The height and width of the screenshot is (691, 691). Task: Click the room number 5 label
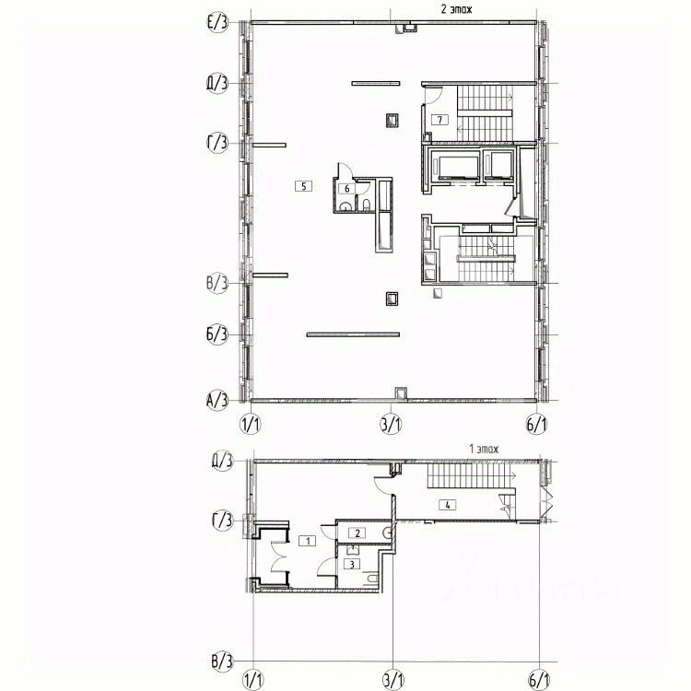(302, 185)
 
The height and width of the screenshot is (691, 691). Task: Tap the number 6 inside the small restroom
(346, 188)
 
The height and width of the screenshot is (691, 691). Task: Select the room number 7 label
(441, 119)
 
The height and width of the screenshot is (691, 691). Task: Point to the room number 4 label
(447, 504)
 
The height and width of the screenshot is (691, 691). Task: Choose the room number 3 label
(352, 563)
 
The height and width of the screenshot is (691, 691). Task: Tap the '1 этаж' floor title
(483, 448)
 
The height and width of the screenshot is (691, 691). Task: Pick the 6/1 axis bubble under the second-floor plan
(537, 424)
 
